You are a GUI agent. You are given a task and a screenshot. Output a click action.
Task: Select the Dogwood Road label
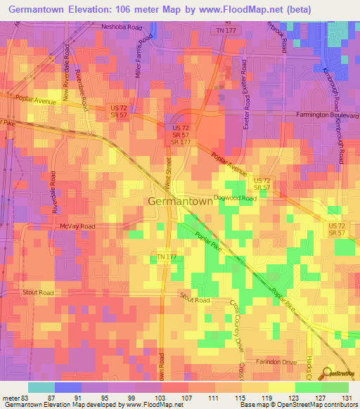pos(236,198)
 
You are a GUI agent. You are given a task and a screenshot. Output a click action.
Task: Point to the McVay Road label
pos(77,226)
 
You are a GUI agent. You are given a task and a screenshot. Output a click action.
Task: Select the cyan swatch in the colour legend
pos(41,387)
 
